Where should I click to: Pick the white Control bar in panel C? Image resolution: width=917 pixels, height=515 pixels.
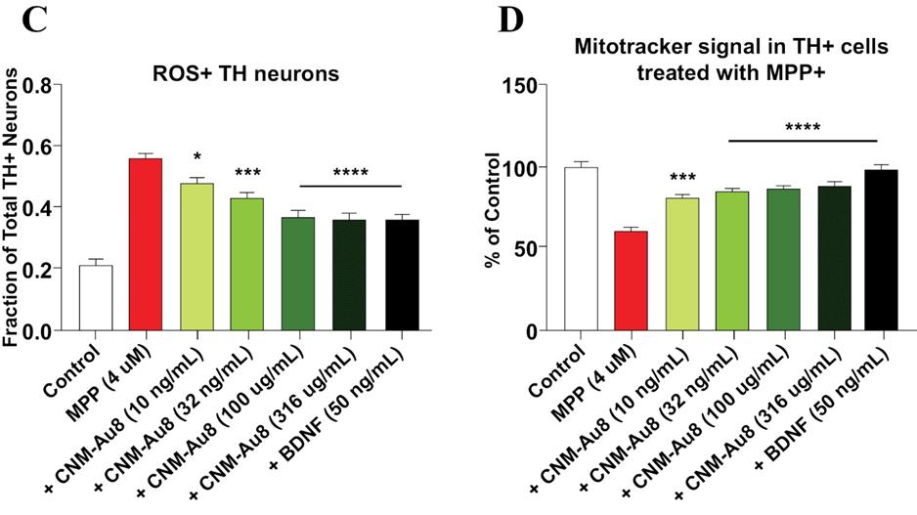click(x=96, y=298)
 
